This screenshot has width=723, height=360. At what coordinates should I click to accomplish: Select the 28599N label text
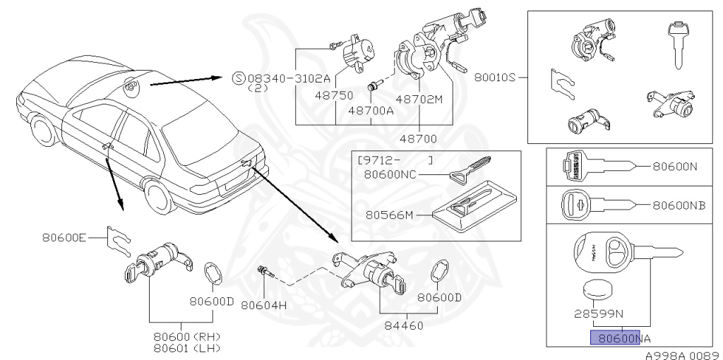(597, 311)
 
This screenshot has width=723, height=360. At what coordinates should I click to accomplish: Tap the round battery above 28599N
(598, 289)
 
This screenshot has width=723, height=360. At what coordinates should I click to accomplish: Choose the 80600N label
(676, 167)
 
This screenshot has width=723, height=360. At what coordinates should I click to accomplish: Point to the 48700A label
(369, 111)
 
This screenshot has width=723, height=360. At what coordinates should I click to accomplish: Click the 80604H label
(263, 306)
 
